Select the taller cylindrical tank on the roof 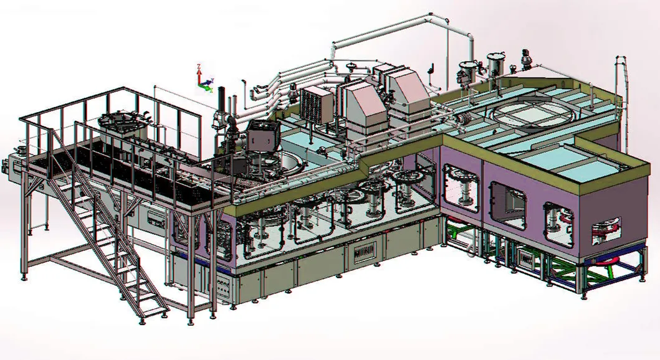[495, 65]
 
